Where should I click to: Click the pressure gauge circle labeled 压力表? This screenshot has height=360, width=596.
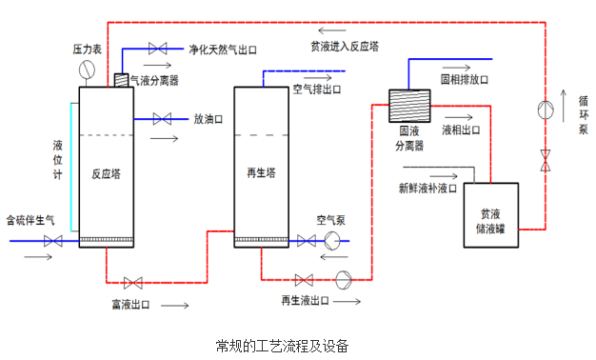[x=89, y=69]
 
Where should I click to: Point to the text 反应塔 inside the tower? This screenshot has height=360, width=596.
[x=106, y=174]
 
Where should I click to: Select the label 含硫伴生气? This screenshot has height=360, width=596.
[x=30, y=219]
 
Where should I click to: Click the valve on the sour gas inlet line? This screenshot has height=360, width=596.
[x=53, y=242]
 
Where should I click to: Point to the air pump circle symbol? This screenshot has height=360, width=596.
[x=332, y=241]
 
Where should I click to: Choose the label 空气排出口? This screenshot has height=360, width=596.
[x=317, y=90]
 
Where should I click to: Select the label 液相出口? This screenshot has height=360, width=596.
[x=462, y=130]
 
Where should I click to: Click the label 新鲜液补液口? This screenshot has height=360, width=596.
[x=427, y=189]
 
